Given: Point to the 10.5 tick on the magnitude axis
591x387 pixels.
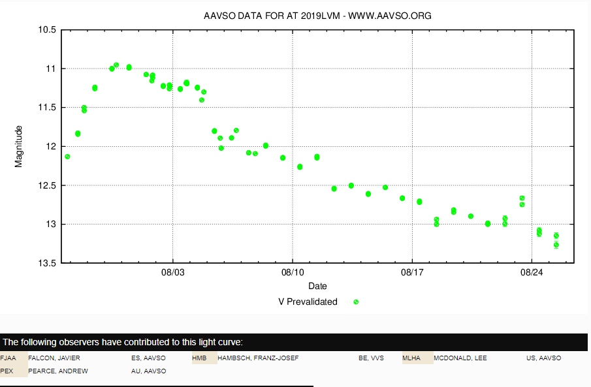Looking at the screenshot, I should [48, 30].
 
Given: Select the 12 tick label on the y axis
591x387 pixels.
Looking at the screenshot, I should [51, 146].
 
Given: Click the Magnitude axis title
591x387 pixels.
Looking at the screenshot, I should [18, 146].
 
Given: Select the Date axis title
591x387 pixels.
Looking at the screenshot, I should [317, 286].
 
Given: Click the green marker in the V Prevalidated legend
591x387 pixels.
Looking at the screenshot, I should [356, 302].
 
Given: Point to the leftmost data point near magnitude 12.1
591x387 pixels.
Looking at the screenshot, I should [67, 157].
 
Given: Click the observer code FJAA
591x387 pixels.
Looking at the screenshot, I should [8, 358].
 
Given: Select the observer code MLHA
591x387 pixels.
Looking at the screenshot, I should [411, 358].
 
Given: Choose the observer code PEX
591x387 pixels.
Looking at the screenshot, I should [7, 371].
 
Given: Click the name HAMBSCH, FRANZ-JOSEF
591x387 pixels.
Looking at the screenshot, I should [258, 358].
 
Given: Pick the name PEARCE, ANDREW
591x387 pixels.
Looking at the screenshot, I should [58, 371].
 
